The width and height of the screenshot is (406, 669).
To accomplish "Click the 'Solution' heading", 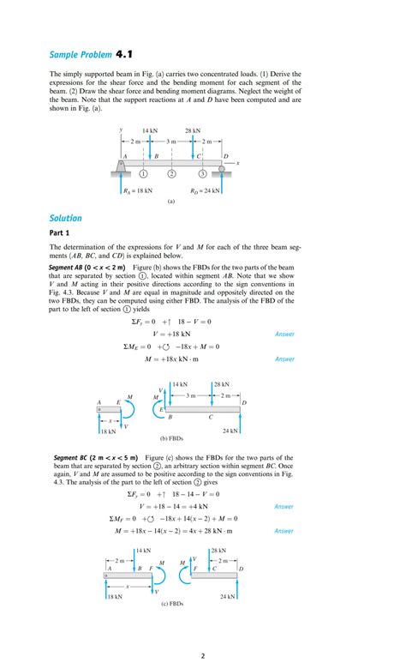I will (x=66, y=218).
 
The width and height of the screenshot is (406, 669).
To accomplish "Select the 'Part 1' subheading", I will (x=63, y=233).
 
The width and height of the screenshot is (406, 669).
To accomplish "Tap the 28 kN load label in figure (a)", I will (x=193, y=131).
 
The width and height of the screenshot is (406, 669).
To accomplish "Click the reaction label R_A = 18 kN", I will (x=138, y=191).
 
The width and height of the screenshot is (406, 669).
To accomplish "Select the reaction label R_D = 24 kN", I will (x=206, y=191).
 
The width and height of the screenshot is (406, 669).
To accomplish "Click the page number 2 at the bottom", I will (x=203, y=656).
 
